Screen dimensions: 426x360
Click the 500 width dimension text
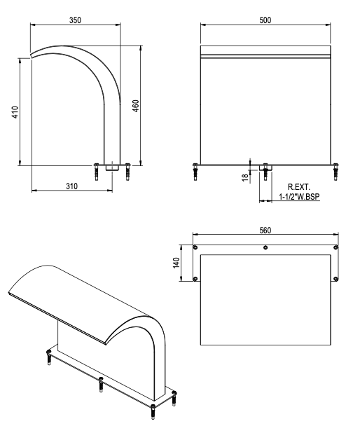[265, 20]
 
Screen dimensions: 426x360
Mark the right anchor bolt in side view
[127, 170]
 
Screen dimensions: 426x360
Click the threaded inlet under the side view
[112, 167]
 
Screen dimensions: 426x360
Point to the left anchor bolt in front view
[195, 170]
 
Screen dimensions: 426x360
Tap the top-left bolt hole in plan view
[195, 247]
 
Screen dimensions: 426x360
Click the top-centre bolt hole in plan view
[265, 247]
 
